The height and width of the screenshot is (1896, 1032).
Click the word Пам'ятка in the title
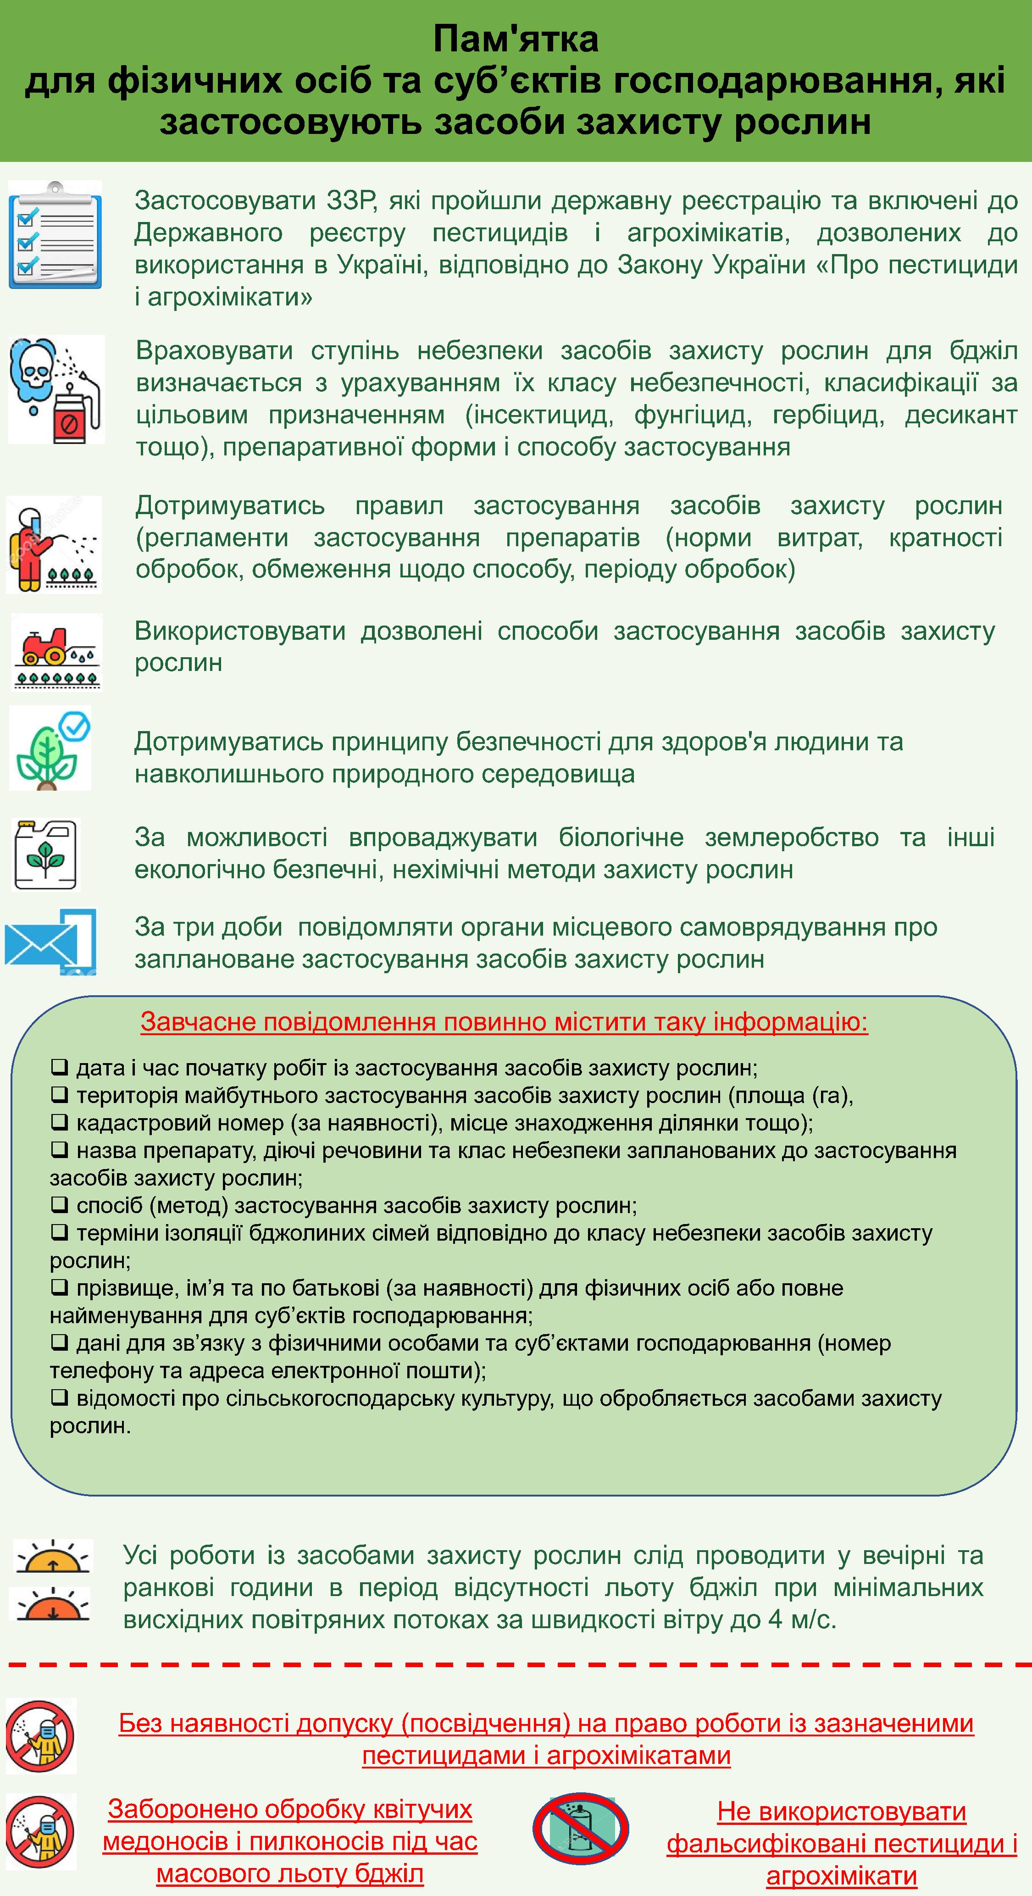(515, 39)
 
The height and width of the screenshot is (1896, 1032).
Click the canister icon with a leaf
(46, 854)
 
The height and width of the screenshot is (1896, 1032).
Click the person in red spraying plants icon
(53, 545)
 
